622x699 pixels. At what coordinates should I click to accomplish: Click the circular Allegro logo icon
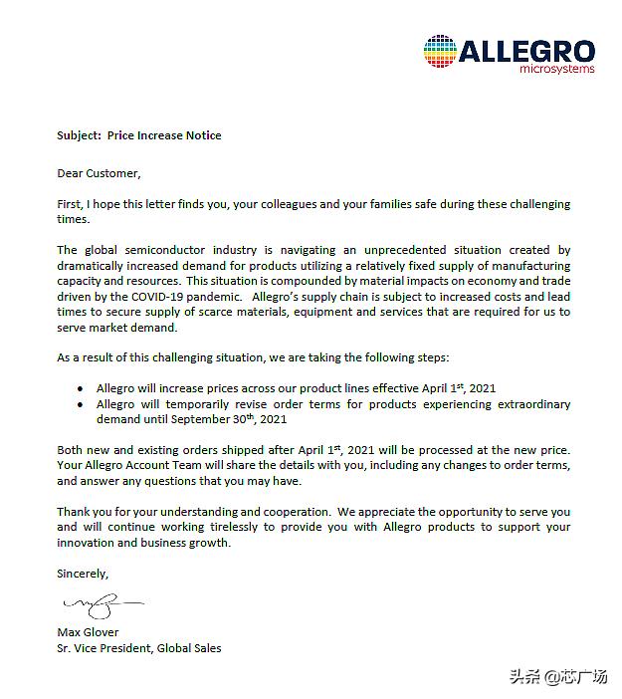tap(441, 52)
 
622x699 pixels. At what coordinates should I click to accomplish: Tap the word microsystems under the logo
tap(557, 70)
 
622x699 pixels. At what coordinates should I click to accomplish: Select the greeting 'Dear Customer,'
tap(99, 173)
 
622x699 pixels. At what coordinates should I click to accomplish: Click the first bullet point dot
tap(81, 387)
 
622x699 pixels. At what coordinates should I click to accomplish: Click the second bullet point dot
tap(81, 404)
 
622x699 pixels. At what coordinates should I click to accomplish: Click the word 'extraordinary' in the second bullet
tap(527, 404)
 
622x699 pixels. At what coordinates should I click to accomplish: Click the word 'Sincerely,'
tap(83, 574)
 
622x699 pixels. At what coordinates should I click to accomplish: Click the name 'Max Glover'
tap(88, 632)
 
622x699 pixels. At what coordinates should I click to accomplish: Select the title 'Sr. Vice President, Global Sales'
tap(139, 648)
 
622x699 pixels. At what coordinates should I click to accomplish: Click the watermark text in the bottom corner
tap(558, 677)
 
